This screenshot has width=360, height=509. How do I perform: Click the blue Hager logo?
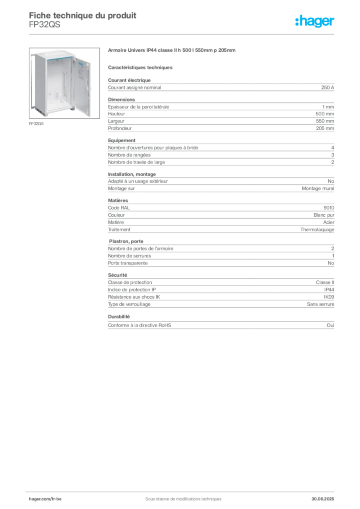(x=315, y=21)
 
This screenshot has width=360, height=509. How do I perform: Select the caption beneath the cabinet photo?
(x=38, y=124)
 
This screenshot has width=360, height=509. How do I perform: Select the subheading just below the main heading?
(x=141, y=66)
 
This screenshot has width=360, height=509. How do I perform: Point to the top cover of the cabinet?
(x=55, y=52)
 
